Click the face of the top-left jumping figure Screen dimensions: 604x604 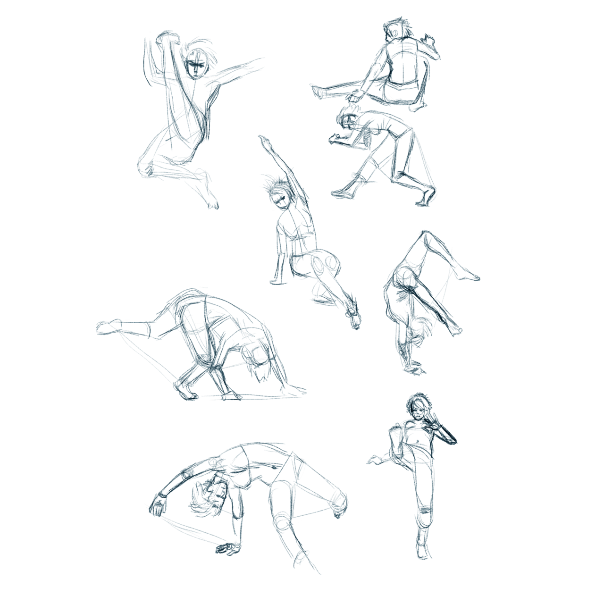(196, 66)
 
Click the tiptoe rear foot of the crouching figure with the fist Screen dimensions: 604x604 (425, 196)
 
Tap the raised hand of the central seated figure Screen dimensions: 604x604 (263, 140)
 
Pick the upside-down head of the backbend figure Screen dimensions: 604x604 (208, 498)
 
